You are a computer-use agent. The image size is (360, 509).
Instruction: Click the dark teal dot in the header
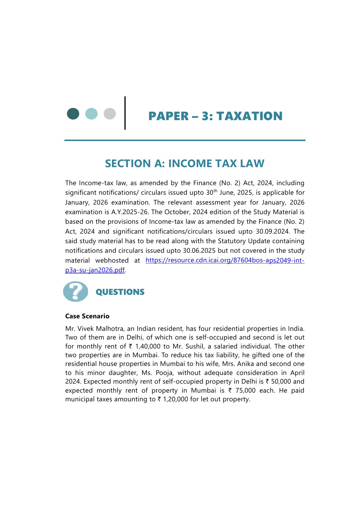[73, 114]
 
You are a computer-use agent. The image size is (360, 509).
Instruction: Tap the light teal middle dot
[91, 114]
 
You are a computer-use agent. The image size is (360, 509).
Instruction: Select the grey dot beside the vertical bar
[110, 114]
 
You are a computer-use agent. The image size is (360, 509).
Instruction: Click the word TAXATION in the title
[249, 116]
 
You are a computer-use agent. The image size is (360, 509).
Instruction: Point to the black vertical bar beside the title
[125, 113]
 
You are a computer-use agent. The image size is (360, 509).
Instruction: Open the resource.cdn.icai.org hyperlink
[225, 260]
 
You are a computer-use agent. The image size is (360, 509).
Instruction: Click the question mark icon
[76, 291]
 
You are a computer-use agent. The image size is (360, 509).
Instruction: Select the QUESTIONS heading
[120, 292]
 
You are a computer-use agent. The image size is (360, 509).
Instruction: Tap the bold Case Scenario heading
[87, 316]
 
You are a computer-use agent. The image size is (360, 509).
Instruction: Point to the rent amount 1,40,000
[148, 346]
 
